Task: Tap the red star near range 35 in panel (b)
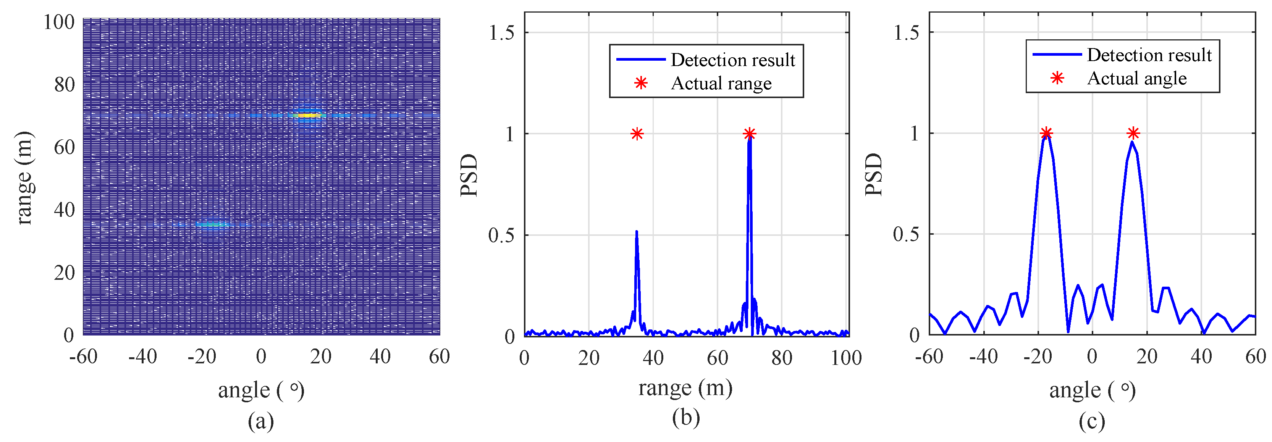(x=637, y=134)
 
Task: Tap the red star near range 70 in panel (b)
(x=749, y=134)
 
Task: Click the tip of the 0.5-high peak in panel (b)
(x=637, y=232)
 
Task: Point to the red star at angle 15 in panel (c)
(x=1133, y=133)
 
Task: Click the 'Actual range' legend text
(x=721, y=83)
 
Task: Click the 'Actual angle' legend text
(x=1137, y=78)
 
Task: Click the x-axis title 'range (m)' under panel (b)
(x=685, y=388)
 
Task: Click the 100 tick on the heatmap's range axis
(x=59, y=22)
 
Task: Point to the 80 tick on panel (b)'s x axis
(x=782, y=358)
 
